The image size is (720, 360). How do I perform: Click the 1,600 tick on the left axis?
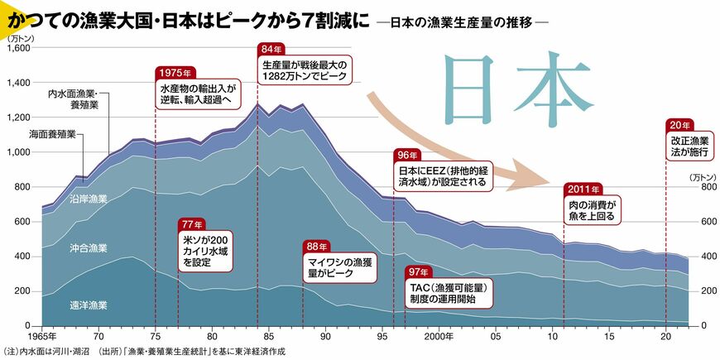pyautogui.click(x=17, y=48)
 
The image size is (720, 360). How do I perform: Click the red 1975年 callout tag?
pyautogui.click(x=175, y=72)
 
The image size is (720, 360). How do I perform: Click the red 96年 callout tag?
pyautogui.click(x=407, y=155)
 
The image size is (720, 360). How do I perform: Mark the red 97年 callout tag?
pyautogui.click(x=418, y=272)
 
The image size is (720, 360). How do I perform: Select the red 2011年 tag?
pyautogui.click(x=583, y=187)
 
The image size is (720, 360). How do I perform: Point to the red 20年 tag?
pyautogui.click(x=677, y=125)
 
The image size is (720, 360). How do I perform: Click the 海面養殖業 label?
pyautogui.click(x=52, y=133)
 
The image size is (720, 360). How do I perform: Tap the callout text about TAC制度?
pyautogui.click(x=449, y=294)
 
